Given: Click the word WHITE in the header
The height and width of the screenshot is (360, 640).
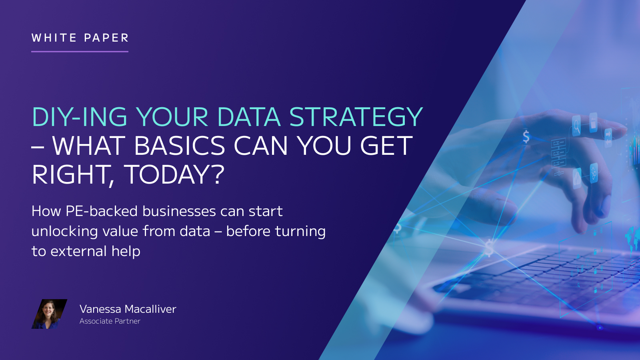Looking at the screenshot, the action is point(54,38).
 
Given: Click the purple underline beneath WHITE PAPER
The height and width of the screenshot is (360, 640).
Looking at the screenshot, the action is point(80,52).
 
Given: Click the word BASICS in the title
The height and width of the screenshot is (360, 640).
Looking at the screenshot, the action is point(180,146).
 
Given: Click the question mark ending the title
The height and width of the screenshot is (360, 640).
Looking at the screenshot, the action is point(218,174).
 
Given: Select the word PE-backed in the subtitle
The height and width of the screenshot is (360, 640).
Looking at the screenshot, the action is point(102,211).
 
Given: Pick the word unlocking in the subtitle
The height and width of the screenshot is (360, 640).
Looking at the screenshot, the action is point(65,232).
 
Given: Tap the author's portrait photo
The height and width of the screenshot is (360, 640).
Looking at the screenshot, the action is point(49,314).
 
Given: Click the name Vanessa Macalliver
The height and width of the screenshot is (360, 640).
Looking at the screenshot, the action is point(128,309).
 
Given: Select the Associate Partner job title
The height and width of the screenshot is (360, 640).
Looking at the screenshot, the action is point(110,321).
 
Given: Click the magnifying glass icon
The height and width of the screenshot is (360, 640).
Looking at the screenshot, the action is point(576,126).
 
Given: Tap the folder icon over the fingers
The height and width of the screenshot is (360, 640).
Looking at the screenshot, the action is point(593,123).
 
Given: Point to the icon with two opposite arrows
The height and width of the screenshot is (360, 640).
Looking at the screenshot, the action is point(608,138).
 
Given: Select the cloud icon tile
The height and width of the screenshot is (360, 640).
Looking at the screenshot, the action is point(577,179).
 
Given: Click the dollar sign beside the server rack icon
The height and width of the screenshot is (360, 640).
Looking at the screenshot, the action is point(526,136).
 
